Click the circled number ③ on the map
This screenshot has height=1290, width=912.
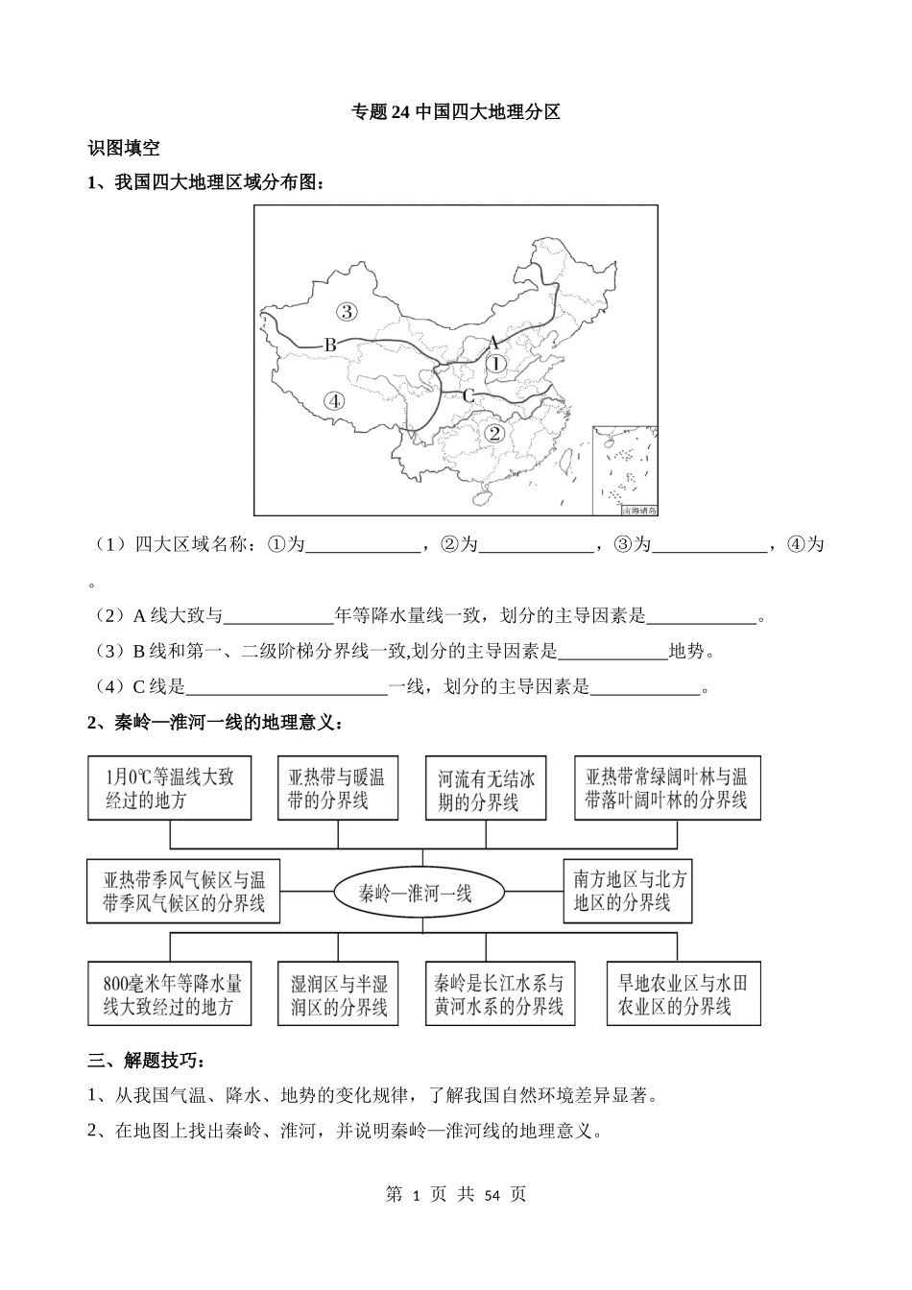point(347,310)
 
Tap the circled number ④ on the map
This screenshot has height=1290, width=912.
point(333,401)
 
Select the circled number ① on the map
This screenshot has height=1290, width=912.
point(494,364)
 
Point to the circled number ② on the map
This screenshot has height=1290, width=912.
point(494,433)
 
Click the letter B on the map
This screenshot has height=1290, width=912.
point(328,344)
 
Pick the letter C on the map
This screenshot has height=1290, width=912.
point(468,395)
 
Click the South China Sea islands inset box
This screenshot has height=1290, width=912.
point(625,470)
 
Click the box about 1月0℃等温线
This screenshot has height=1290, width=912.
point(169,788)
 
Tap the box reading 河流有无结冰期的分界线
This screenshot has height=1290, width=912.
point(486,788)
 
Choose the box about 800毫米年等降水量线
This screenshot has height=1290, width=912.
point(169,994)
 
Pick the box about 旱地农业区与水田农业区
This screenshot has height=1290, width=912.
point(683,994)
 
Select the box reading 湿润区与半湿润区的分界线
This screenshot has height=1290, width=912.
point(337,994)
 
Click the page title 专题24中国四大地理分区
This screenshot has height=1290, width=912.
point(456,112)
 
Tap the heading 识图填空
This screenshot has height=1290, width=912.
point(124,148)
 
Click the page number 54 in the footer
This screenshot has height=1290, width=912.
point(492,1195)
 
